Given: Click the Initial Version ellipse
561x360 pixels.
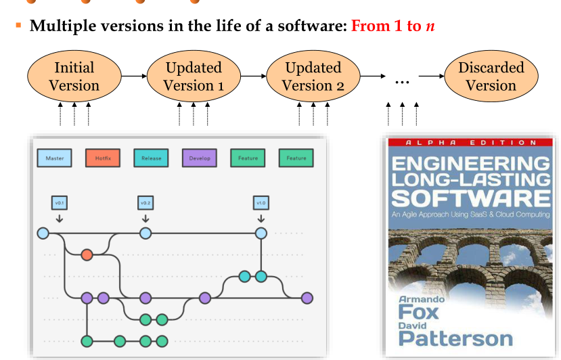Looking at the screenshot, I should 74,76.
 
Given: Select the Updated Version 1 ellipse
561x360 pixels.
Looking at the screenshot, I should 194,76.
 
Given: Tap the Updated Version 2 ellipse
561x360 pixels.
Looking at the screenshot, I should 313,76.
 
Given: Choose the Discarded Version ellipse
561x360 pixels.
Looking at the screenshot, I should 491,76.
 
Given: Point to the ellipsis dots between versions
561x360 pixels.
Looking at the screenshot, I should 402,79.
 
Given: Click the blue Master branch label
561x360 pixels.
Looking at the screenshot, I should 55,158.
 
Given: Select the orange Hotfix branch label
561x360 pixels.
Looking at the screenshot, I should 103,158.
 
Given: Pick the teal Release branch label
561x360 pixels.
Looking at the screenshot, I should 151,158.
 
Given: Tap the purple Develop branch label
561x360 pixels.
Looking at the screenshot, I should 200,158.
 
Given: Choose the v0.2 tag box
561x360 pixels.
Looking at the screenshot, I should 145,202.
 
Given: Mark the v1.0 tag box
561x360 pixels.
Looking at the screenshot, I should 261,202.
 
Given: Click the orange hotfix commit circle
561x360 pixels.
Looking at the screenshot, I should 87,254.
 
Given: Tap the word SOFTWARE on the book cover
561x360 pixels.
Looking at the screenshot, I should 471,198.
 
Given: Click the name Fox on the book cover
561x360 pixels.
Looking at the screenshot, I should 418,312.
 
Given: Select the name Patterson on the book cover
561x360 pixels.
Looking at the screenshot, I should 455,339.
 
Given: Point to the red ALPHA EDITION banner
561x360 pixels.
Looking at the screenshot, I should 470,143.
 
